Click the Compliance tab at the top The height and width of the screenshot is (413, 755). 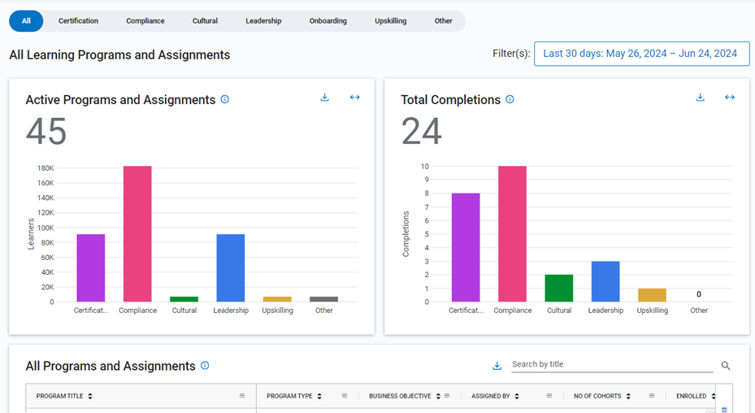145,21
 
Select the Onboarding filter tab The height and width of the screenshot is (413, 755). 328,21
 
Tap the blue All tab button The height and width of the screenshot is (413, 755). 26,21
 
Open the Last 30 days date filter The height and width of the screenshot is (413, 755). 641,54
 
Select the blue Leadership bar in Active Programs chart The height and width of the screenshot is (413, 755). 230,268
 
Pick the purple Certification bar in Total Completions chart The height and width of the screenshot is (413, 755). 466,247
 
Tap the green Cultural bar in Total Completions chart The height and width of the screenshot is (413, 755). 558,288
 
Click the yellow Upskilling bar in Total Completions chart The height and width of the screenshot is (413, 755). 652,295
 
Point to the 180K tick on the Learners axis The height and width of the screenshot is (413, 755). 46,168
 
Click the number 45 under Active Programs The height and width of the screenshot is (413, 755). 46,132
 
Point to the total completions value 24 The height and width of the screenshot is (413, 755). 422,132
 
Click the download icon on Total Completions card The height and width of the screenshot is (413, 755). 701,98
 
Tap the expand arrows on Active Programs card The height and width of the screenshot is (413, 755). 354,98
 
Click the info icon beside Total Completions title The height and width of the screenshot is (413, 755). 510,100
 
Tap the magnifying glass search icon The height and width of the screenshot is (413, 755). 726,366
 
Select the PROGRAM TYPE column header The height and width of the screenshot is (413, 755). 290,396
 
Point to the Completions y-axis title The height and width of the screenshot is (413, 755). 406,234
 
